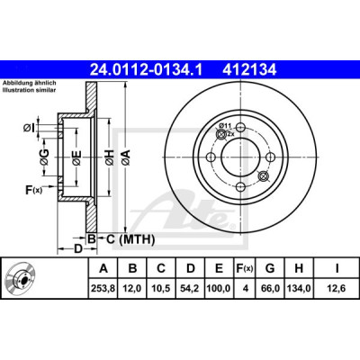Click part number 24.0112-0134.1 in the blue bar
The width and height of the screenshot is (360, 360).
point(147,70)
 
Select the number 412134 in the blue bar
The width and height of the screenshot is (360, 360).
point(248,70)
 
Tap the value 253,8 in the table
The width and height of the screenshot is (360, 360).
point(103,288)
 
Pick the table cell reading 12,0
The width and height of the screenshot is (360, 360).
point(132,288)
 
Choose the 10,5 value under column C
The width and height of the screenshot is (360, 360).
point(161,288)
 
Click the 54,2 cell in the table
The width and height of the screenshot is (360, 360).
point(190,288)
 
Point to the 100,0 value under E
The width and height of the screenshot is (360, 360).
point(219,288)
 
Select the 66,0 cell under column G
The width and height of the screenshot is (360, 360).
point(270,288)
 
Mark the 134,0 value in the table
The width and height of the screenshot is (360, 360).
point(299,288)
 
